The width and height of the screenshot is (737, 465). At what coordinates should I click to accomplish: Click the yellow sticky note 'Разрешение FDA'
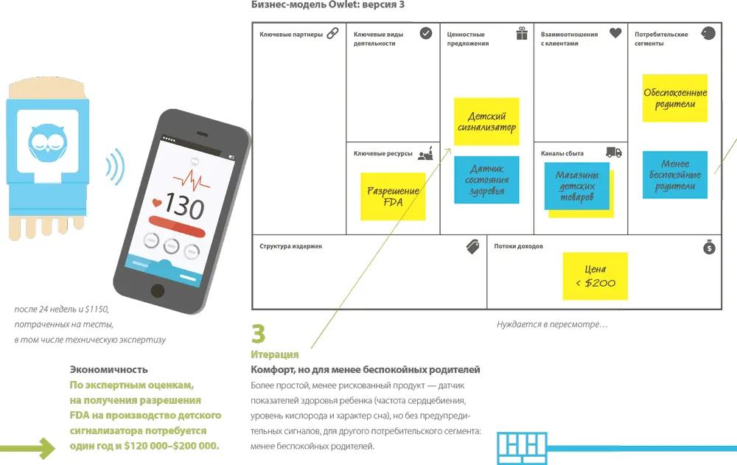coord(393,196)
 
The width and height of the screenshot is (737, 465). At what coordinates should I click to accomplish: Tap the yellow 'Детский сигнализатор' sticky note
coord(486,122)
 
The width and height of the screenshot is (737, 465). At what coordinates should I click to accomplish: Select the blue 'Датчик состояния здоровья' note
coord(486,180)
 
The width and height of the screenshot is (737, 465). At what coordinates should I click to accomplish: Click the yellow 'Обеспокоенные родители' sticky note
coord(674,98)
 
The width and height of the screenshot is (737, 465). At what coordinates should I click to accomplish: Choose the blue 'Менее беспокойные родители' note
coord(675,175)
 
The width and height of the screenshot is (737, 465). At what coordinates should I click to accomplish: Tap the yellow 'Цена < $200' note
coord(595,276)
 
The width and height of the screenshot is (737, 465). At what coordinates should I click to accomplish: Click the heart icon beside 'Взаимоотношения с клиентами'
coord(615,34)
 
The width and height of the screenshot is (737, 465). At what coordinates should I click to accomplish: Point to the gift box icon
coord(522,33)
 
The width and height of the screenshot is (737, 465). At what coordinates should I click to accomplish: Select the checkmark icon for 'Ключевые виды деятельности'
coord(426,33)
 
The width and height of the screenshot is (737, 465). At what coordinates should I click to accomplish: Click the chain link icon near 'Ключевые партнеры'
coord(332,33)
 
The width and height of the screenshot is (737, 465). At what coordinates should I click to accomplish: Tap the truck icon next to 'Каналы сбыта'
coord(614,153)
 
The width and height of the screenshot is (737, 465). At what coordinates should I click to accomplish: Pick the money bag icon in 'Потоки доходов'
coord(709,247)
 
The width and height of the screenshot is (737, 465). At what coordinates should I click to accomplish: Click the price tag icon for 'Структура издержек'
coord(473,247)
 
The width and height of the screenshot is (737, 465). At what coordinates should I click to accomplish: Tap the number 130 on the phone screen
coord(184,207)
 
